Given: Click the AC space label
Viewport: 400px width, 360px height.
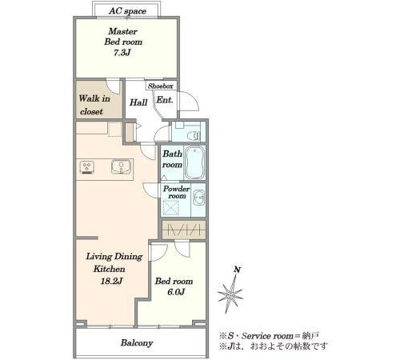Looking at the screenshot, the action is click(x=127, y=11).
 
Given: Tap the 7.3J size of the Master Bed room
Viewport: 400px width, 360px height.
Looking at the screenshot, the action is click(x=122, y=53).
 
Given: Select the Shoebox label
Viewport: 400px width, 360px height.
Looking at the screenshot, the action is click(x=161, y=86).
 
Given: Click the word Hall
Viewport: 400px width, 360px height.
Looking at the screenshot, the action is click(x=138, y=102).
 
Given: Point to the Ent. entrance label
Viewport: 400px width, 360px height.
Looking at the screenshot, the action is click(x=165, y=100).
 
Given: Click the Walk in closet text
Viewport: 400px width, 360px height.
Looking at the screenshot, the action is click(x=94, y=105).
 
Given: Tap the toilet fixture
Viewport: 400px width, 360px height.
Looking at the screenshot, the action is click(x=194, y=136).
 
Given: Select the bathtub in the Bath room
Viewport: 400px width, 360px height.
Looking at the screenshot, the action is click(x=194, y=162).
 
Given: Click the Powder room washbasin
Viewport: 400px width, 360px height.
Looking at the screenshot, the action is click(x=198, y=198).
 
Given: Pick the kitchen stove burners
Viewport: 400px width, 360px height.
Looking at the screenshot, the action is click(x=86, y=167).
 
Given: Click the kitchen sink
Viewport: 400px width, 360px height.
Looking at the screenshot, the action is click(x=122, y=166).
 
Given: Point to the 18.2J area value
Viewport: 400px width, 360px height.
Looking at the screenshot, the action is click(x=111, y=281).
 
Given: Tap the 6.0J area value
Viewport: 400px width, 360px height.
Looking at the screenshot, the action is click(x=176, y=292).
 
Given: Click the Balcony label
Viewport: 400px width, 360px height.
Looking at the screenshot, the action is click(x=137, y=343).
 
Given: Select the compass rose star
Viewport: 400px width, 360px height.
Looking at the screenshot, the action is click(x=230, y=294).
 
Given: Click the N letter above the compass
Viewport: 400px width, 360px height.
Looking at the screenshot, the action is click(x=237, y=270).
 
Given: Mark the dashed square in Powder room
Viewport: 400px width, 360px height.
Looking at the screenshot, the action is click(x=170, y=208).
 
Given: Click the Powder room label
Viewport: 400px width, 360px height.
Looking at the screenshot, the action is click(x=176, y=192).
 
